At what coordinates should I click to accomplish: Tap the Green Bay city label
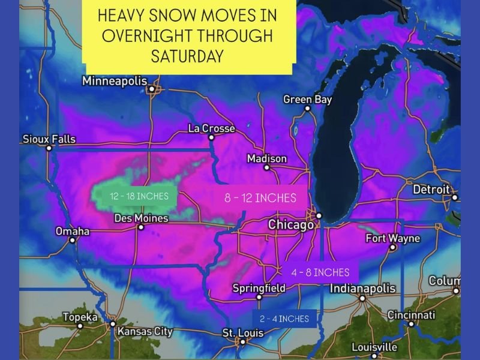307,100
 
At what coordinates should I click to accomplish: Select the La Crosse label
211,128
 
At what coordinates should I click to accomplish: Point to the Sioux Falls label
49,139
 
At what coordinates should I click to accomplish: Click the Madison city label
267,159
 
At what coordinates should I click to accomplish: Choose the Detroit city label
431,190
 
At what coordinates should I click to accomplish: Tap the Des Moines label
140,218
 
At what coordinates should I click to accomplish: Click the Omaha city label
72,231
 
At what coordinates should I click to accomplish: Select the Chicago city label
290,225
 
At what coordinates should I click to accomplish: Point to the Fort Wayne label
393,239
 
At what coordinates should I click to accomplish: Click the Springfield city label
259,288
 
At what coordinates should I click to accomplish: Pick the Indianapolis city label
363,289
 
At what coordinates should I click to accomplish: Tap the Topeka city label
80,317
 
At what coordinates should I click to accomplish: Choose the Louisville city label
374,347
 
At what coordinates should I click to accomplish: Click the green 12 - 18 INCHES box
135,196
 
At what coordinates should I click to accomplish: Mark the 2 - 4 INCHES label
285,319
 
